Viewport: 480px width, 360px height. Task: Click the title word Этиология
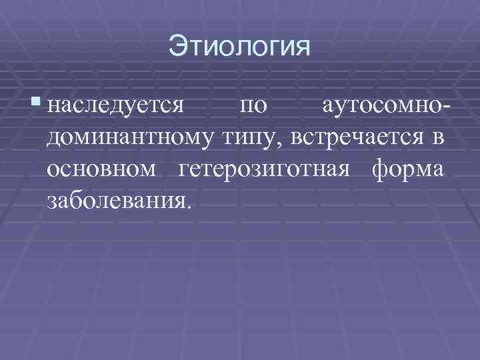pos(240,47)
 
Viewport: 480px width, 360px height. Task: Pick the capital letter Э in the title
pos(177,47)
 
